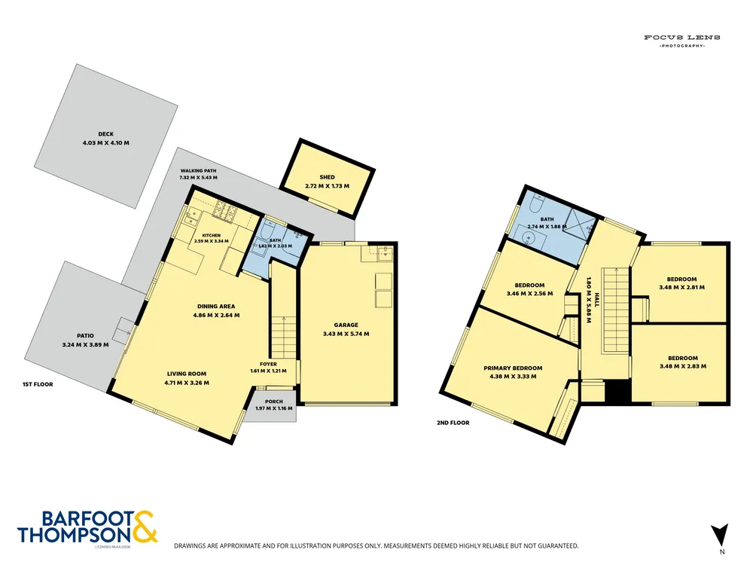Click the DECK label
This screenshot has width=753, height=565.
[105, 134]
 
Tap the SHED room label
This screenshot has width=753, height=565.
[327, 177]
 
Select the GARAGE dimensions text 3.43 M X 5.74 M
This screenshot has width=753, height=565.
[346, 334]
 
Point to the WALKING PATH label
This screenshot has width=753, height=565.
[198, 170]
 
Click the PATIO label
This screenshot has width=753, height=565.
[86, 336]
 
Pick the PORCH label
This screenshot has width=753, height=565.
[274, 402]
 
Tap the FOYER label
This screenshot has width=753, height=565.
[269, 364]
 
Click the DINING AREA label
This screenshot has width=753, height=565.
[216, 307]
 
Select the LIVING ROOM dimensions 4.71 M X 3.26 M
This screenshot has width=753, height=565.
[186, 383]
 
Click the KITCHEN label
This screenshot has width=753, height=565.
[212, 235]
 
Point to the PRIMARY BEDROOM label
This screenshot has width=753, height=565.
[513, 368]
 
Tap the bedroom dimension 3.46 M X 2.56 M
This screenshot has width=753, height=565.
[529, 294]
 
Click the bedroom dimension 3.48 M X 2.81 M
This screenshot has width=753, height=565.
[682, 287]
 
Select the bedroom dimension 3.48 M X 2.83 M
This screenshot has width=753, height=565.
[683, 366]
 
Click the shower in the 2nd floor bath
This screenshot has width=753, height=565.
[580, 224]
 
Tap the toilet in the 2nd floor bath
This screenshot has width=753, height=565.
[536, 204]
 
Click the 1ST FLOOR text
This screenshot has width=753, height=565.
[38, 384]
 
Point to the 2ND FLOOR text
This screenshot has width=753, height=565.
[453, 423]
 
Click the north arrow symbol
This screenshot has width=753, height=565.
[720, 535]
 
